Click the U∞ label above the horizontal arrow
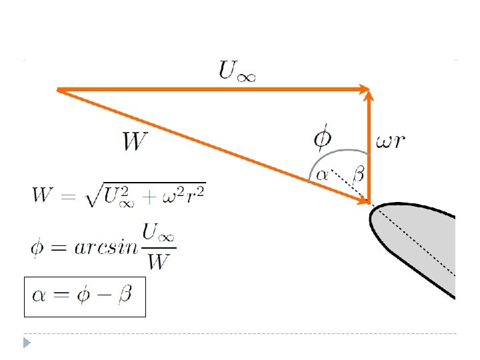(x=237, y=70)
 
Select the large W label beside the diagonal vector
(x=135, y=141)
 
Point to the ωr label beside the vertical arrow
(x=391, y=141)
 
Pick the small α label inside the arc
(x=321, y=175)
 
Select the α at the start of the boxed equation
(x=39, y=295)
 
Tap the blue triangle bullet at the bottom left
(x=27, y=343)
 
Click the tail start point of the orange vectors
(x=58, y=89)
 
